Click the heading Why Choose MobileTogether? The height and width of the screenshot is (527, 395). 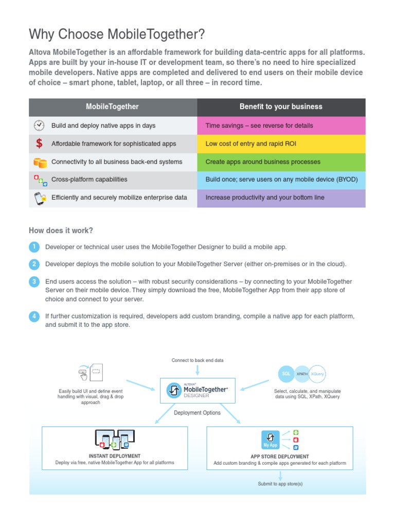pyautogui.click(x=117, y=34)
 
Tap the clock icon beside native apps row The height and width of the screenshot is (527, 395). pyautogui.click(x=39, y=126)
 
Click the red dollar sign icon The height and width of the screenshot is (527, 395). pyautogui.click(x=40, y=144)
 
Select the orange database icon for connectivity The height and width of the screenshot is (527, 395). pyautogui.click(x=40, y=162)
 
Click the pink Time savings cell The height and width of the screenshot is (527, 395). pyautogui.click(x=281, y=126)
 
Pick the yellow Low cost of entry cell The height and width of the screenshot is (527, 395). pyautogui.click(x=281, y=144)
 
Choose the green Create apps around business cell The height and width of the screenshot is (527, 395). pyautogui.click(x=281, y=162)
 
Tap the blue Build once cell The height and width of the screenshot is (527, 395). pyautogui.click(x=281, y=180)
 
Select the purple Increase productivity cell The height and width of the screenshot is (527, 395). pyautogui.click(x=281, y=198)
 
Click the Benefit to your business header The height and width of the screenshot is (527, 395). pyautogui.click(x=281, y=107)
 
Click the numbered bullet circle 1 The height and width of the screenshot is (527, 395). pyautogui.click(x=34, y=247)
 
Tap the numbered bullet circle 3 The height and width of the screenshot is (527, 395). pyautogui.click(x=34, y=282)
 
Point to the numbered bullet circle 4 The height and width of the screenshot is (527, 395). pyautogui.click(x=34, y=316)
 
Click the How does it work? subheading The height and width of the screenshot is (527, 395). pyautogui.click(x=61, y=230)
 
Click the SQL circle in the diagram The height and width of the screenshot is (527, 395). pyautogui.click(x=286, y=374)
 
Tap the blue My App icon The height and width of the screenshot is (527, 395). pyautogui.click(x=270, y=440)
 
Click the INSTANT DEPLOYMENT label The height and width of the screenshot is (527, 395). pyautogui.click(x=115, y=456)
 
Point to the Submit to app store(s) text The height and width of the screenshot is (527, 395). pyautogui.click(x=280, y=484)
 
